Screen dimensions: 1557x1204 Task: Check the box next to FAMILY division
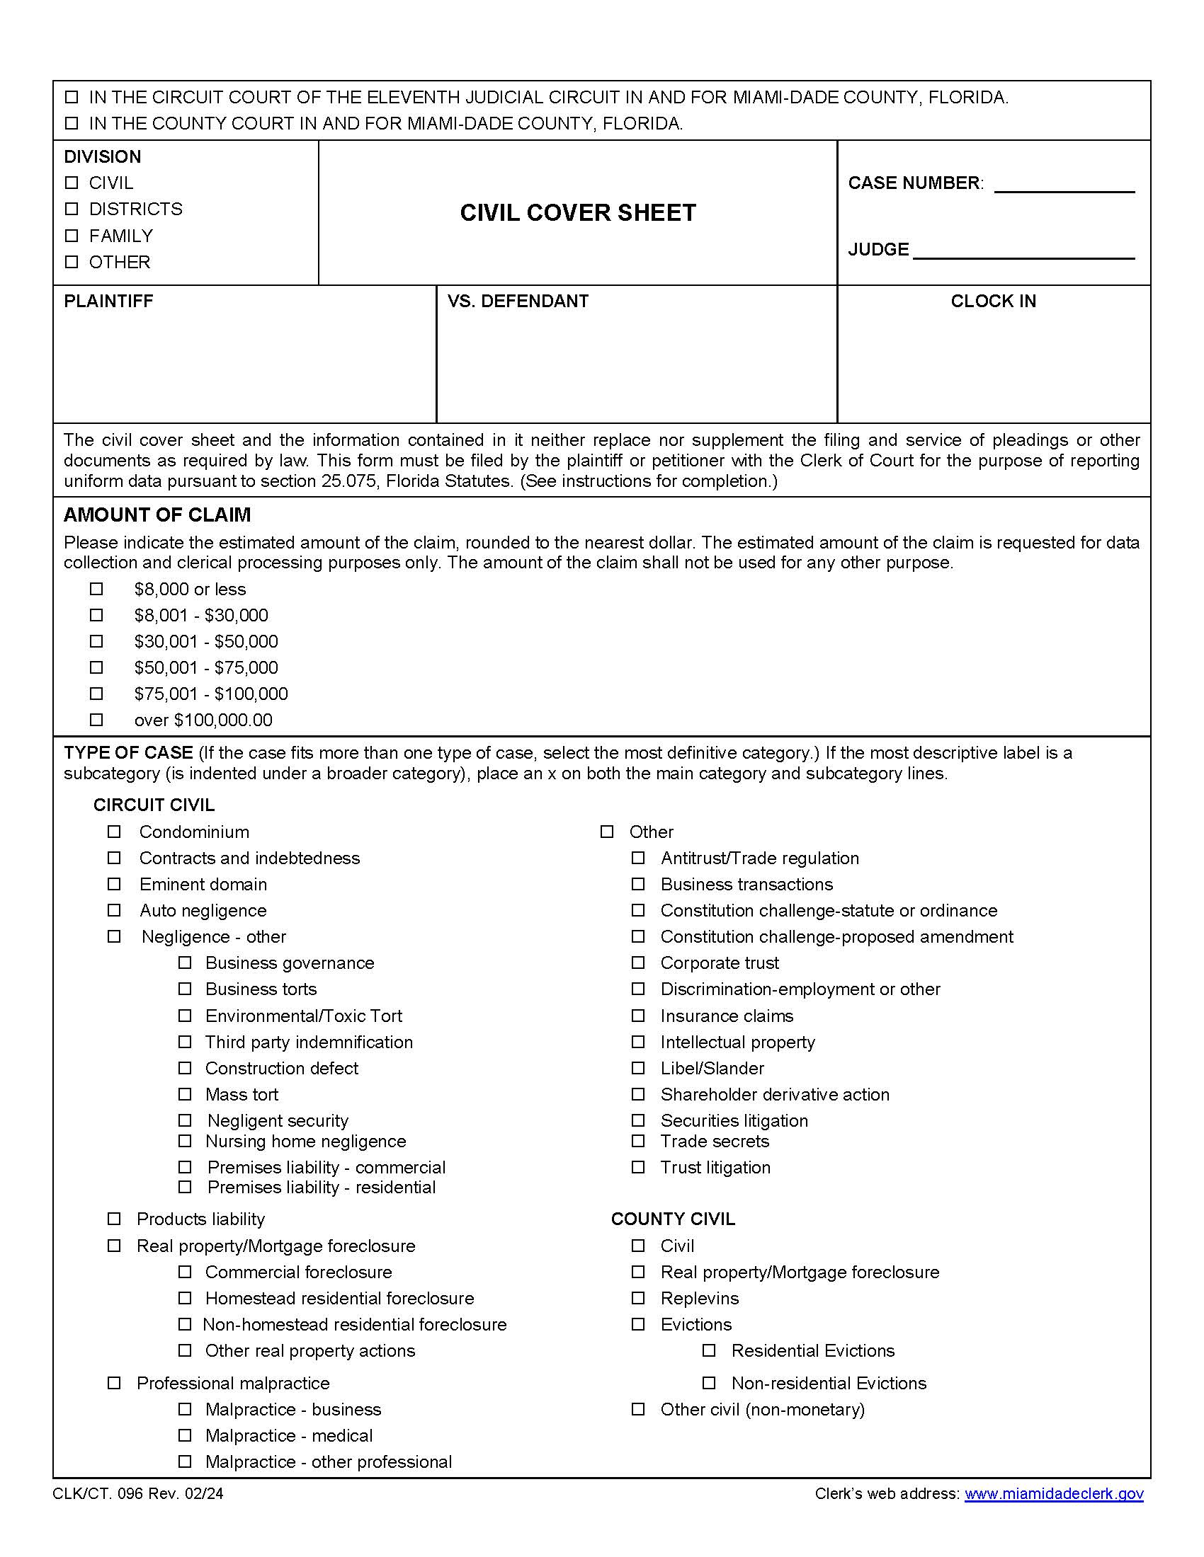[72, 235]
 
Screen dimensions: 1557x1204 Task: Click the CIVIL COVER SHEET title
[577, 212]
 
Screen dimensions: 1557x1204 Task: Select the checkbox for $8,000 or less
[96, 589]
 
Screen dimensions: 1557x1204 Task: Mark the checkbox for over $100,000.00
[96, 719]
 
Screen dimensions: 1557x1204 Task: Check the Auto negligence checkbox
[114, 910]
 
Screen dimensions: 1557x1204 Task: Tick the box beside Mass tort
[185, 1093]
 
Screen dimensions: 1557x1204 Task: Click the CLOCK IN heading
[993, 301]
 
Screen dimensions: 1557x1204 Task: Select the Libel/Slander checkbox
[637, 1068]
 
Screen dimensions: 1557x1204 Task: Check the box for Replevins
[637, 1297]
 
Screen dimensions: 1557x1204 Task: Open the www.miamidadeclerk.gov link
[1054, 1493]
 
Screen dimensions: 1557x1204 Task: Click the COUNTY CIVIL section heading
[673, 1219]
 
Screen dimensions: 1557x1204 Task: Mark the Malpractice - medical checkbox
[185, 1435]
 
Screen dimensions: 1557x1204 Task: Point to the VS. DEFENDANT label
[518, 301]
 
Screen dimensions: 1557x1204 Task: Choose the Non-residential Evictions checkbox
[709, 1382]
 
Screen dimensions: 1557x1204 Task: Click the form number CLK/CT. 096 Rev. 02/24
[137, 1493]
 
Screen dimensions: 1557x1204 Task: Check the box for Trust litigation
[637, 1167]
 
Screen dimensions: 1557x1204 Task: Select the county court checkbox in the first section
[72, 123]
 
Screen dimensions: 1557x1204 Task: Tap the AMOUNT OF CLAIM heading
[157, 515]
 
